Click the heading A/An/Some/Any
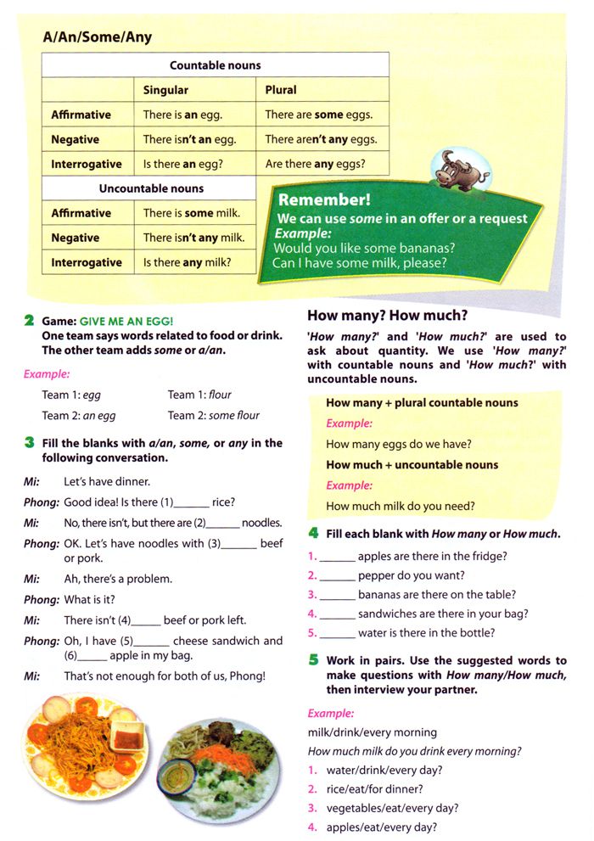(98, 37)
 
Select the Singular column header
(165, 90)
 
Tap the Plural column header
(281, 90)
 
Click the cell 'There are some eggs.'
(318, 115)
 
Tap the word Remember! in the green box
(324, 201)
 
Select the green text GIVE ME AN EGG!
(126, 320)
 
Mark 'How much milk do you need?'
(401, 506)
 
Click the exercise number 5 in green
(313, 660)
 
